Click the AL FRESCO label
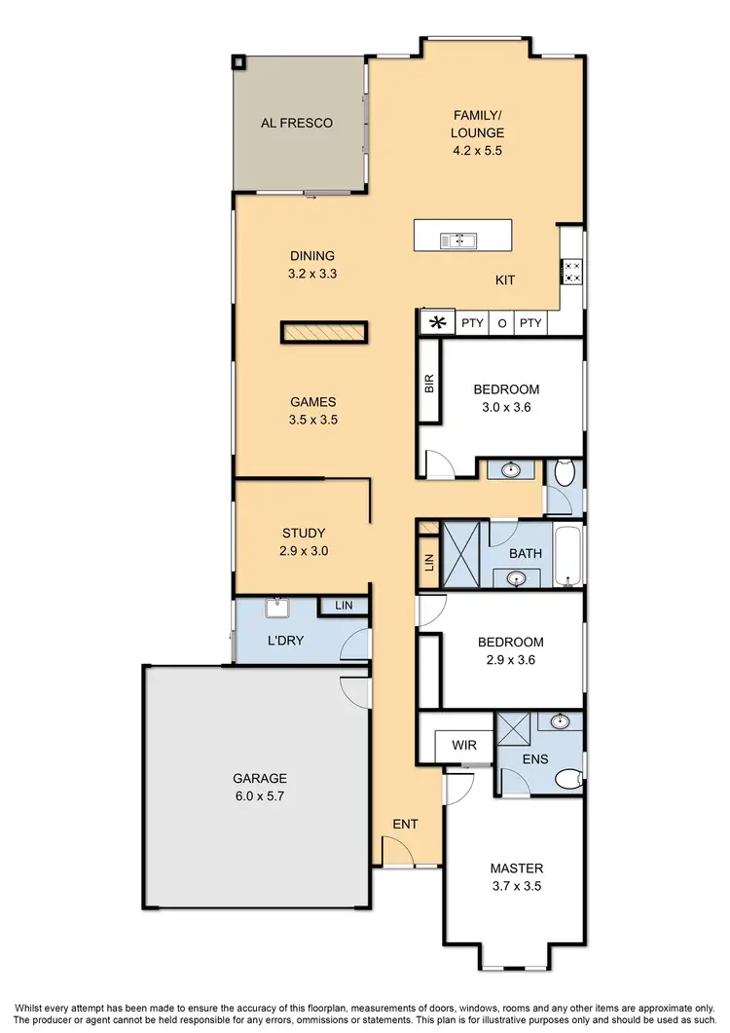pos(297,124)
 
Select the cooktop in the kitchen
pos(572,272)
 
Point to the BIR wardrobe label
pos(429,383)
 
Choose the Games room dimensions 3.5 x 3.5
pos(313,421)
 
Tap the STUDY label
pos(304,534)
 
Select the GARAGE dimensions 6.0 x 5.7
pos(259,795)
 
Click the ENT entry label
pos(405,825)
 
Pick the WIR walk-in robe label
pos(464,745)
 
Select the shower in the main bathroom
pos(463,554)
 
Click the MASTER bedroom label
pos(517,868)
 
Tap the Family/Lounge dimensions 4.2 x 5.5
pos(477,151)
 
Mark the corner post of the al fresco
pos(238,62)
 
